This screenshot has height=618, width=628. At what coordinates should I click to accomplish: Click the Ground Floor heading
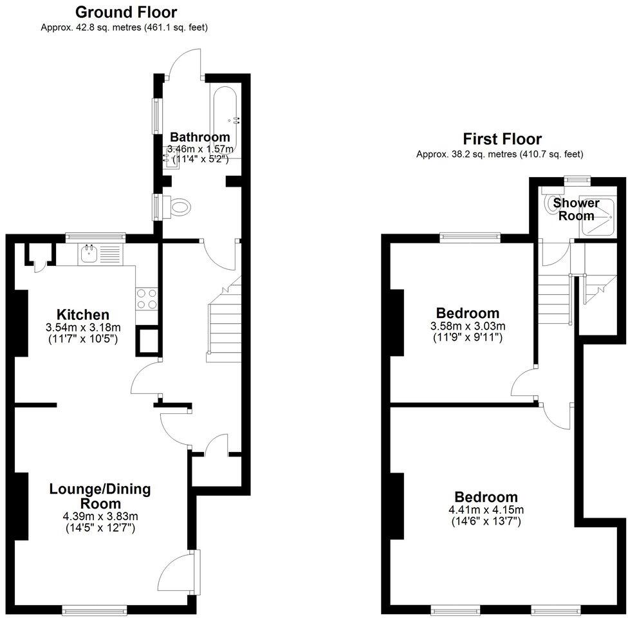pos(125,12)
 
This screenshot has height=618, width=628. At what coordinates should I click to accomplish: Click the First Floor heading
pos(502,139)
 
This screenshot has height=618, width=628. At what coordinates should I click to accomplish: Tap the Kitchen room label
pos(82,315)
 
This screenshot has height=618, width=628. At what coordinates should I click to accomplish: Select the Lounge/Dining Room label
pos(100,496)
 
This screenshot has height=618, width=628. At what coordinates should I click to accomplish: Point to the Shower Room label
pos(576,209)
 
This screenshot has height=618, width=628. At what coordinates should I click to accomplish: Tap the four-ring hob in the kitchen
pos(147,298)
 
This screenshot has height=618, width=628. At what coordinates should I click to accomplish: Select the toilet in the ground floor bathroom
pos(178,207)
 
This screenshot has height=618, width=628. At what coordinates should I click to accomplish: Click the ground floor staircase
pos(222,325)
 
